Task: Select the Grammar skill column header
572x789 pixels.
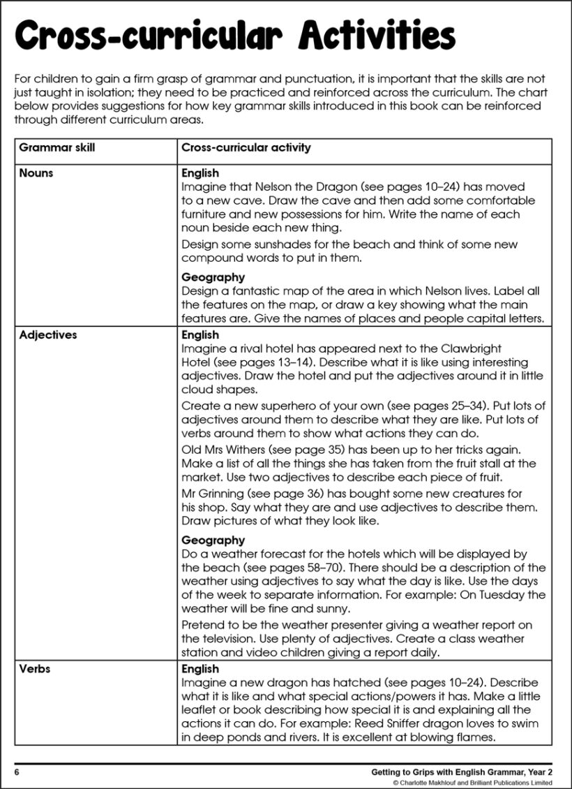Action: (x=57, y=148)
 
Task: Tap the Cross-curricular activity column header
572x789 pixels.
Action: (x=246, y=148)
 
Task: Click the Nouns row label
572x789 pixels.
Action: (x=36, y=172)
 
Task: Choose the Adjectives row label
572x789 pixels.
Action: (x=48, y=334)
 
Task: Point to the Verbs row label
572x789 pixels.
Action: (x=35, y=668)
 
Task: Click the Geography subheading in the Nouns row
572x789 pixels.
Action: (x=213, y=277)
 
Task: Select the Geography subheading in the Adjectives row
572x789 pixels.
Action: (x=213, y=540)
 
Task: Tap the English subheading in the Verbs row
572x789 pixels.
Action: (x=200, y=668)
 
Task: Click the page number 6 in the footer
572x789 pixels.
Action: (x=17, y=772)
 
